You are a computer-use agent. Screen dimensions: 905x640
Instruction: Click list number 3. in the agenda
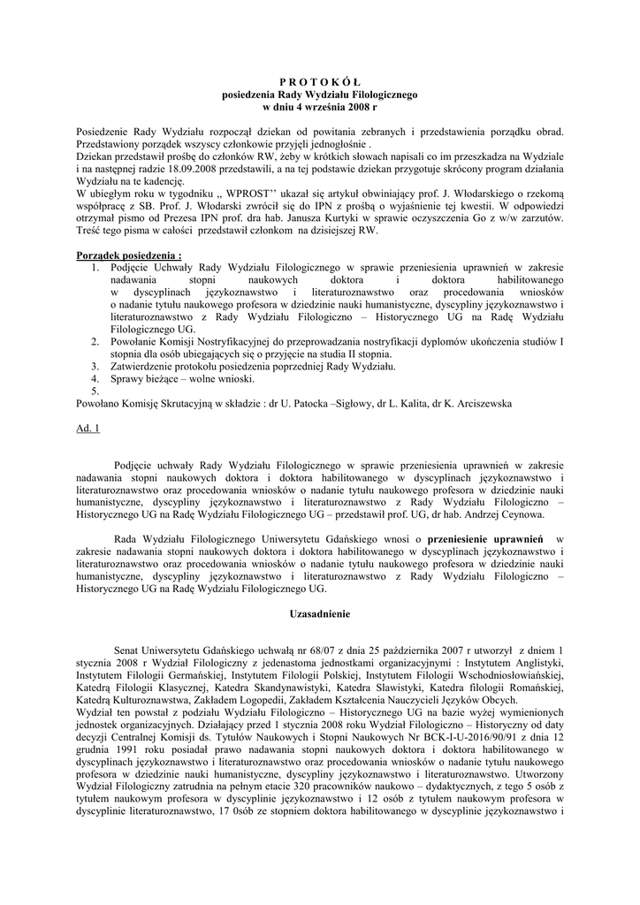tap(95, 365)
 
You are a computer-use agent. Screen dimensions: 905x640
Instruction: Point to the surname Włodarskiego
tap(461, 193)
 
